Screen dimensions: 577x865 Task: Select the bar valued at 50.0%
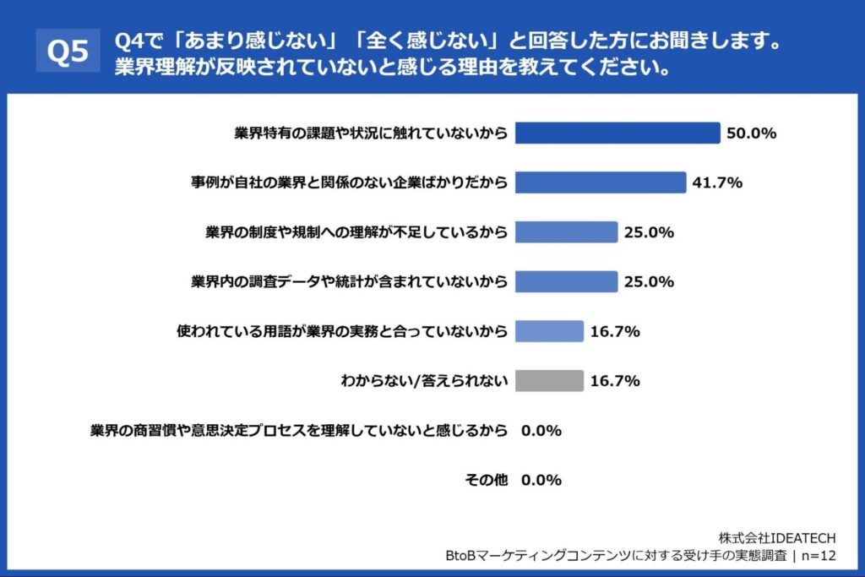click(x=617, y=133)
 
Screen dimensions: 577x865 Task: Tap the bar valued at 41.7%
click(x=600, y=182)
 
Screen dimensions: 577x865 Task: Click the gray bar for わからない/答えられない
click(x=549, y=381)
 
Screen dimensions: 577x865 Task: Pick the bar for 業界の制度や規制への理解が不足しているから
click(x=566, y=231)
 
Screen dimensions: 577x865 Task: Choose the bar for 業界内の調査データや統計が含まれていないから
click(x=566, y=281)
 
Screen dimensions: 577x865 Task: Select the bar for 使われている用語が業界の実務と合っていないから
click(x=549, y=331)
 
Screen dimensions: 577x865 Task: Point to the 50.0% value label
click(x=751, y=133)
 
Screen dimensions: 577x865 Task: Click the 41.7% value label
click(x=717, y=182)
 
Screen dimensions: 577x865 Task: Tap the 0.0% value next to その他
click(x=541, y=480)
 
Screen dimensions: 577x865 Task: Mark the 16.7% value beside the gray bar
click(x=614, y=381)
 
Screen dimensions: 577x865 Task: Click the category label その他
click(x=487, y=480)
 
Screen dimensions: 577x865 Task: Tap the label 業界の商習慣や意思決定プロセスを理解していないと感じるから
click(x=299, y=431)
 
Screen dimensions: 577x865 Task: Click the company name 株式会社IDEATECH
click(x=777, y=537)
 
